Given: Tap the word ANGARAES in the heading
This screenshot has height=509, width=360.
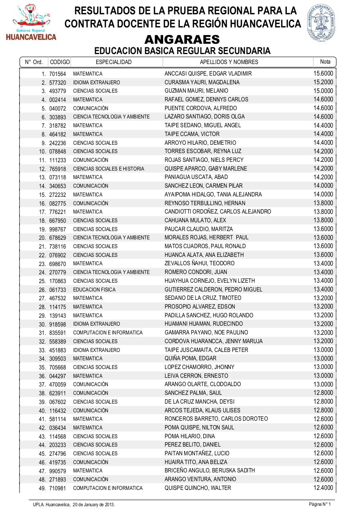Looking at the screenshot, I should (x=182, y=39).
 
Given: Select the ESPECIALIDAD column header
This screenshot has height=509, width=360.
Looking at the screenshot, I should (x=113, y=62).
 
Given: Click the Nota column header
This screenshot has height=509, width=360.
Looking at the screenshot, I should (x=325, y=62).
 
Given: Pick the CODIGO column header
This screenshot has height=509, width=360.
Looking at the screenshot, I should (x=60, y=62).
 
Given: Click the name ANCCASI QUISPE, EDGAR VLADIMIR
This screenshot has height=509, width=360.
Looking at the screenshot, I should (x=208, y=74).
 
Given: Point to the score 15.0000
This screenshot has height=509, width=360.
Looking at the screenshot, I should (x=323, y=91).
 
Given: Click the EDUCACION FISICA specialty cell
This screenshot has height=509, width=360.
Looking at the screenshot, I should (x=94, y=289).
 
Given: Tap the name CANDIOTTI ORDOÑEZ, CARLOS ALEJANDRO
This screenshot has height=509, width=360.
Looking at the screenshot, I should (x=218, y=212).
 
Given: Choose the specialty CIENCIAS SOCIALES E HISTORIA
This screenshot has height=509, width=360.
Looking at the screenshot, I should (x=109, y=169).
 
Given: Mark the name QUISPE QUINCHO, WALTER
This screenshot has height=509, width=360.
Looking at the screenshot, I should (x=198, y=488).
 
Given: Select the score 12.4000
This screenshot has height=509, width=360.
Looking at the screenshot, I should (x=323, y=488).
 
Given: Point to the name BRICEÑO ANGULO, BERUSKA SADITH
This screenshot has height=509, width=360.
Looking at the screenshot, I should (x=210, y=470).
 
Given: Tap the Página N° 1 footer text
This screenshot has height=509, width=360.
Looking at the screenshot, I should (x=320, y=504).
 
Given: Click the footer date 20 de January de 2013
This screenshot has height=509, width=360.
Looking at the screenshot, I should (x=93, y=505).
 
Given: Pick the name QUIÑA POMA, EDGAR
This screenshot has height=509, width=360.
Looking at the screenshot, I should (x=191, y=358).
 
